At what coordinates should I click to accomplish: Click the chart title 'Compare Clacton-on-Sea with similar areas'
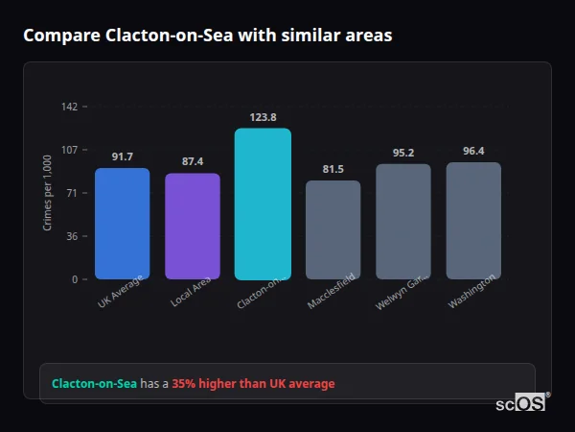(207, 36)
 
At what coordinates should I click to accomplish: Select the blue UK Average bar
(122, 224)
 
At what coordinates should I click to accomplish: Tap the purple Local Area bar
(193, 227)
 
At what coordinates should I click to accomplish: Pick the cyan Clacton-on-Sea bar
(263, 204)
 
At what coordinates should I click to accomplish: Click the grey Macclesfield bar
(333, 229)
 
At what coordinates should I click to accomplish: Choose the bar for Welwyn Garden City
(403, 222)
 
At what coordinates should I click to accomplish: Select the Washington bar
(473, 221)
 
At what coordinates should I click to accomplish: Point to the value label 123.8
(263, 117)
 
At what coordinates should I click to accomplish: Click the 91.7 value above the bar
(122, 156)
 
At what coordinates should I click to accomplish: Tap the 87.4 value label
(193, 161)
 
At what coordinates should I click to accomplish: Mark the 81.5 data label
(333, 169)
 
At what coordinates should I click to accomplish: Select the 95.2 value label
(403, 153)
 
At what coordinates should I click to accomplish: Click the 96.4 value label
(473, 151)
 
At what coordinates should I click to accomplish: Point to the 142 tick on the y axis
(69, 107)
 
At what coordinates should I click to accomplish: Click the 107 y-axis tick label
(69, 150)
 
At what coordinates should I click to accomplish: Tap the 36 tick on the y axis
(72, 236)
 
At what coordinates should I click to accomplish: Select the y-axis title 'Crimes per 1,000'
(47, 193)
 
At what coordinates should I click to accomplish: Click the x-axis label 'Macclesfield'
(332, 292)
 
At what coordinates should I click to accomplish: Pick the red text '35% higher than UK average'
(253, 384)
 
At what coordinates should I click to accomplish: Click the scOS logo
(520, 403)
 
